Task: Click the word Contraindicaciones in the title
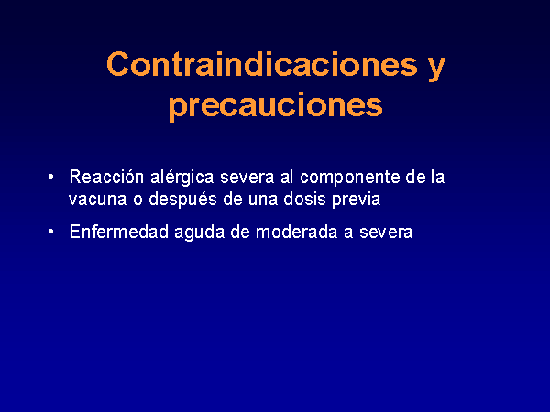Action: pyautogui.click(x=262, y=64)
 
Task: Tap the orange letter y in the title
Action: pyautogui.click(x=436, y=69)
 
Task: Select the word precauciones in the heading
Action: pyautogui.click(x=276, y=106)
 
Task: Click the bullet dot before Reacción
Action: pyautogui.click(x=51, y=177)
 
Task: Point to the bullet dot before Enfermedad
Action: pyautogui.click(x=51, y=232)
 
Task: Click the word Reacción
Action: pyautogui.click(x=106, y=177)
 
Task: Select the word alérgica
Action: pyautogui.click(x=182, y=178)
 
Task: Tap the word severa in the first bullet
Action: pyautogui.click(x=247, y=179)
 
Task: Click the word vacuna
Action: pyautogui.click(x=98, y=200)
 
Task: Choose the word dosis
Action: pyautogui.click(x=305, y=199)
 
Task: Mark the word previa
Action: pyautogui.click(x=357, y=200)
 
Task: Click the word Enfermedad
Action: pyautogui.click(x=119, y=232)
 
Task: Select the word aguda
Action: pyautogui.click(x=200, y=233)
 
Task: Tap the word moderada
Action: pyautogui.click(x=297, y=232)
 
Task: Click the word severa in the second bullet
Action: pyautogui.click(x=386, y=233)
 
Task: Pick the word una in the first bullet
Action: pyautogui.click(x=263, y=200)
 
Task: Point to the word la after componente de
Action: pyautogui.click(x=437, y=177)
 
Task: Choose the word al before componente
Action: pyautogui.click(x=287, y=177)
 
